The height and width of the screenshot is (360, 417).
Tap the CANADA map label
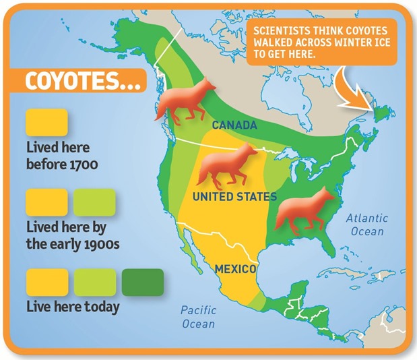click(233, 125)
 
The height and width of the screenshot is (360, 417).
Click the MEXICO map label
click(235, 269)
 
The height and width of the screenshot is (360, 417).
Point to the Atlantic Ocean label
click(367, 225)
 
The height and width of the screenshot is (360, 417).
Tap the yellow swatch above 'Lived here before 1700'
click(46, 123)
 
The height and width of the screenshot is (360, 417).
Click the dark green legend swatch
click(142, 282)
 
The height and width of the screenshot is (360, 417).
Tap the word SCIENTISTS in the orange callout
click(278, 31)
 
